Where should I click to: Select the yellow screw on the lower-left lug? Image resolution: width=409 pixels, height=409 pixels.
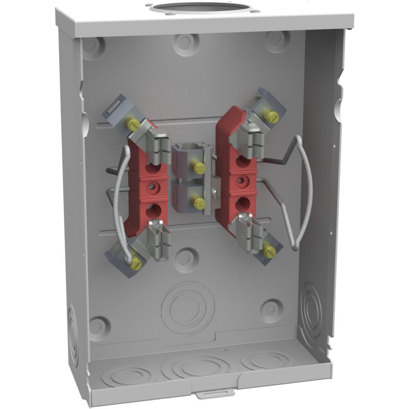tap(136, 265)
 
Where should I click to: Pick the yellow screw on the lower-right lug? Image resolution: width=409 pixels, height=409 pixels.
tap(270, 252)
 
